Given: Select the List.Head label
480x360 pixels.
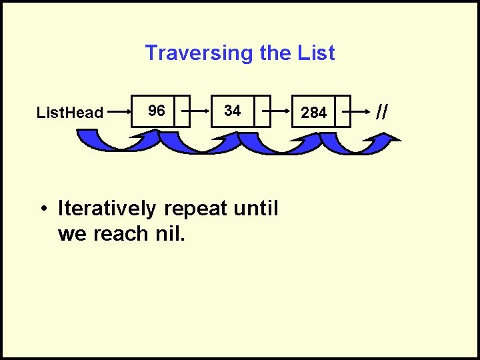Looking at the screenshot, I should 70,113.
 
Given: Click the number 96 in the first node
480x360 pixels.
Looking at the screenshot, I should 157,111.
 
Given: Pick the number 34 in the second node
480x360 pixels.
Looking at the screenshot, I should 232,111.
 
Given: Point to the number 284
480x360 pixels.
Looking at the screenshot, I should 313,113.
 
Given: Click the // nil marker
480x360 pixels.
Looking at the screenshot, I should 381,111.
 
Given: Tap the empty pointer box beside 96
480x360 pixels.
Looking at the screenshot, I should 182,111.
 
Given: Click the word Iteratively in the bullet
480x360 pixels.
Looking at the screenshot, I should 107,209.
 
